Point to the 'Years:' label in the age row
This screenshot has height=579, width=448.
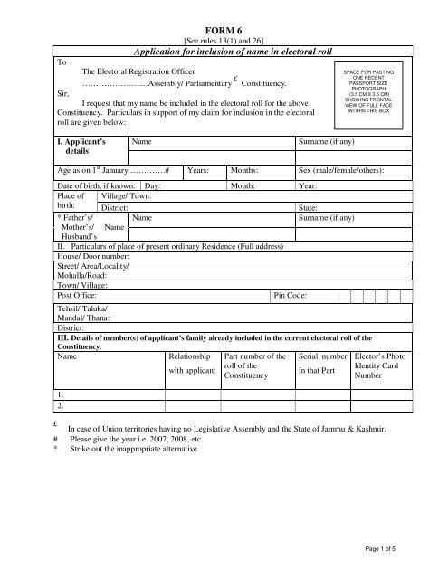[200, 169]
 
